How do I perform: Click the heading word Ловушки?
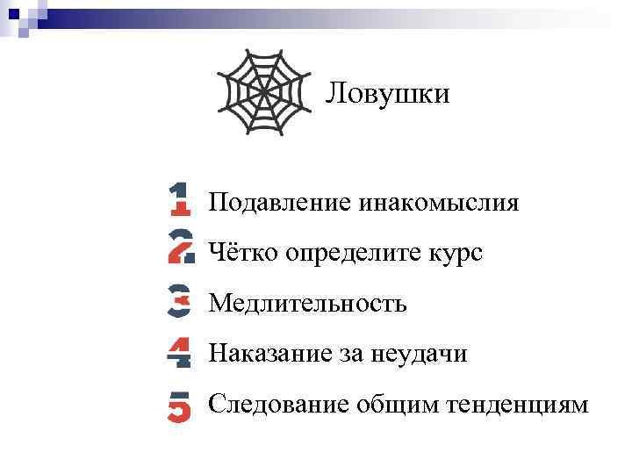387,92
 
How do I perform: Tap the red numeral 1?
179,198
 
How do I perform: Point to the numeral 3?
179,300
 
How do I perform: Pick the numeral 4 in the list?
179,352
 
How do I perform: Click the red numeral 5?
179,406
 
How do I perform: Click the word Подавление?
280,204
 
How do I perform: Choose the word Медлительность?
307,304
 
